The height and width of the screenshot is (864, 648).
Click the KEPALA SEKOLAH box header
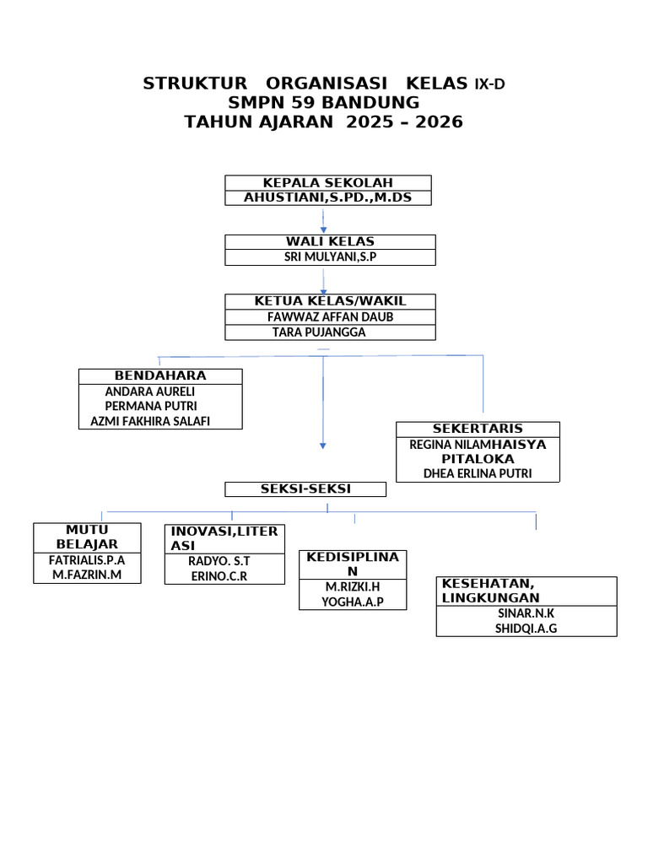327,183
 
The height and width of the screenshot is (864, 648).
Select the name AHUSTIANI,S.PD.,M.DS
327,198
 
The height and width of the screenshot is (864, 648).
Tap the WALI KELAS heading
330,242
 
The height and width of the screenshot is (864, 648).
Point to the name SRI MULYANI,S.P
330,257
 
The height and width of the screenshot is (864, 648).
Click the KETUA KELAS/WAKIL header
330,301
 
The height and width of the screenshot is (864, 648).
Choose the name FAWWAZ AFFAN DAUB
330,316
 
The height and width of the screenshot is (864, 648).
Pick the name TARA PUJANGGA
319,332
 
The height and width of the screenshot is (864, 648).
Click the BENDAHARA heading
160,375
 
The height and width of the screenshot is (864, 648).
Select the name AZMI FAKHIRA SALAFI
144,421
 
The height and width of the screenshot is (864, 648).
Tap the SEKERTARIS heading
478,429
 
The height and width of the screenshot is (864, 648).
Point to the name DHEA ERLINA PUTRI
478,473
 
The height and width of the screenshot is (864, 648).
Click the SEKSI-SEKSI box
305,489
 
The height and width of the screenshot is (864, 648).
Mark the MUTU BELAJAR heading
87,537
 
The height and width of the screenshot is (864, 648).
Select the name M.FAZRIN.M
87,575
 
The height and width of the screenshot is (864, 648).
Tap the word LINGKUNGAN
490,598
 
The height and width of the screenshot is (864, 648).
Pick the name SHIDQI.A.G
526,629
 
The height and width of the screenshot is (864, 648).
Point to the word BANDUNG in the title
377,102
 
